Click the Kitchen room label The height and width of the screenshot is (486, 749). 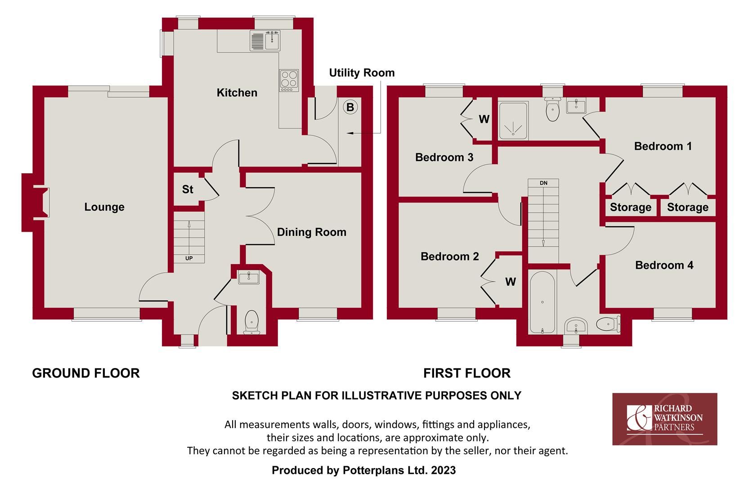(x=237, y=93)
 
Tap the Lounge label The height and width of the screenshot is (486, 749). (x=104, y=207)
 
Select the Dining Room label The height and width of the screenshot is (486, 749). (x=311, y=232)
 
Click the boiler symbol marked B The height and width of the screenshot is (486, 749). (x=350, y=107)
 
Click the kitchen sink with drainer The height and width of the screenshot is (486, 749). (x=265, y=40)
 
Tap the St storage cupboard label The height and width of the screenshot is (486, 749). (x=188, y=189)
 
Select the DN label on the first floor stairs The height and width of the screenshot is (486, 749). (x=543, y=183)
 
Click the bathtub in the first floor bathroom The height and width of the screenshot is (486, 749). (x=542, y=302)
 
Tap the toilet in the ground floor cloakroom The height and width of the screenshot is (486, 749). (x=251, y=322)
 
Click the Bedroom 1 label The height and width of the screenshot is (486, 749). (x=663, y=146)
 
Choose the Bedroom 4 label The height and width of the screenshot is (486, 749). (x=664, y=265)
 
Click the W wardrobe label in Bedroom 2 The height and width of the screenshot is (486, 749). (x=510, y=282)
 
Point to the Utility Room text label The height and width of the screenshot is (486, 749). (x=362, y=73)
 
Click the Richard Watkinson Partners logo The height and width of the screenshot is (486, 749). (x=664, y=418)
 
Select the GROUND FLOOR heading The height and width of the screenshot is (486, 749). (x=86, y=373)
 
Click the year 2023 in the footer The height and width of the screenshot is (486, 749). (x=443, y=471)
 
